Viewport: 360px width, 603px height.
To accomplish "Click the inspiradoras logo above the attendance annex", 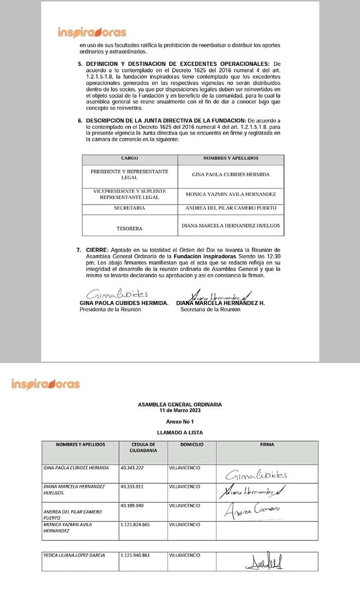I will [45, 384].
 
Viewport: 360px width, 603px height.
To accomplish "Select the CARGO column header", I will [130, 158].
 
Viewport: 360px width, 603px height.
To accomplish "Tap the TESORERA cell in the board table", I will [130, 229].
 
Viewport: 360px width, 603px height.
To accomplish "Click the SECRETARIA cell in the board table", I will [130, 208].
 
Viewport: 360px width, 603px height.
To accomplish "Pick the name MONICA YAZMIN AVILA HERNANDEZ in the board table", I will [230, 194].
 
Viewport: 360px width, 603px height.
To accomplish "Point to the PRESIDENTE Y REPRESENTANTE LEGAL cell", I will [130, 174].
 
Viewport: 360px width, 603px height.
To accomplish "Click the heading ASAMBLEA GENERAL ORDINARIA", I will [180, 404].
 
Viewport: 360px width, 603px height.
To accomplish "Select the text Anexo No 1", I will [180, 421].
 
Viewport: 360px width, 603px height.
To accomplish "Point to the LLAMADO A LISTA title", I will [180, 432].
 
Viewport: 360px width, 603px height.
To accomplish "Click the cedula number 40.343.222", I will [133, 468].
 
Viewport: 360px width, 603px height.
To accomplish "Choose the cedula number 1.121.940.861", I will [136, 555].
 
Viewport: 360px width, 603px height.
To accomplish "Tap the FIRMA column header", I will [267, 445].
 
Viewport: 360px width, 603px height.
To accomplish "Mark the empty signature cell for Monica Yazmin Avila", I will [267, 531].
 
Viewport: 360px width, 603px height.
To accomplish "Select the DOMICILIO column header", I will [192, 445].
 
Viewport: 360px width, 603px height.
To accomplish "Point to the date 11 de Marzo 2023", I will [180, 410].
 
